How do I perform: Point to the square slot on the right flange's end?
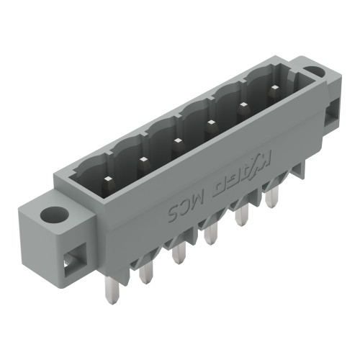point(333,114)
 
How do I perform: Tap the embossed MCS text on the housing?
point(189,203)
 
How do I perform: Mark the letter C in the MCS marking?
point(187,204)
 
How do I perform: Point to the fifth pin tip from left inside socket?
point(243,105)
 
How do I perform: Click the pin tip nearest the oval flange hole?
point(274,89)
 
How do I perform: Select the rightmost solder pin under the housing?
point(271,197)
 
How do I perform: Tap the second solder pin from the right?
point(241,215)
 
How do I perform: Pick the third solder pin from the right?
point(210,234)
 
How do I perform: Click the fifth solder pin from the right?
point(147,271)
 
